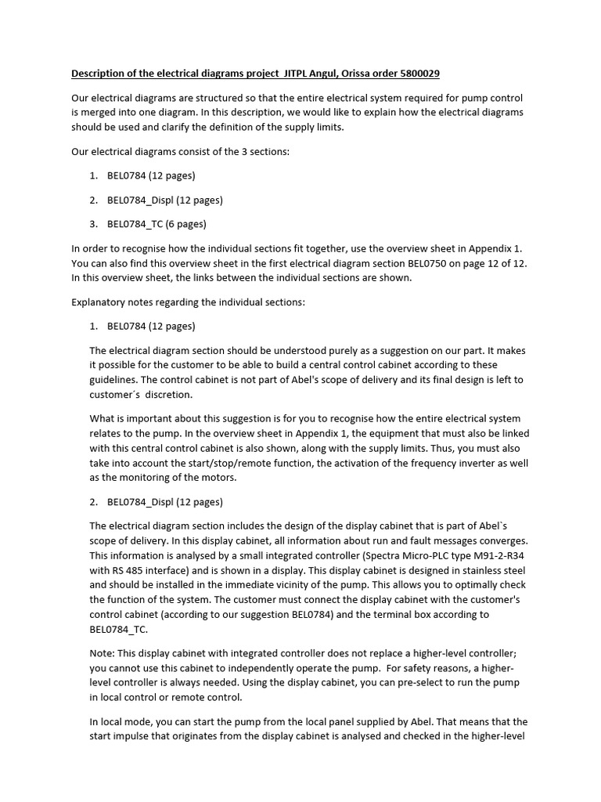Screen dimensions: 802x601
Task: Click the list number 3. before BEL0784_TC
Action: click(x=93, y=224)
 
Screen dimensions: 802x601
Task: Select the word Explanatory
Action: click(x=101, y=302)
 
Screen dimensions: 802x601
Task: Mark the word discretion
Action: click(x=167, y=395)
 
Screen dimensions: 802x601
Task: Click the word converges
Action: click(x=505, y=541)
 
